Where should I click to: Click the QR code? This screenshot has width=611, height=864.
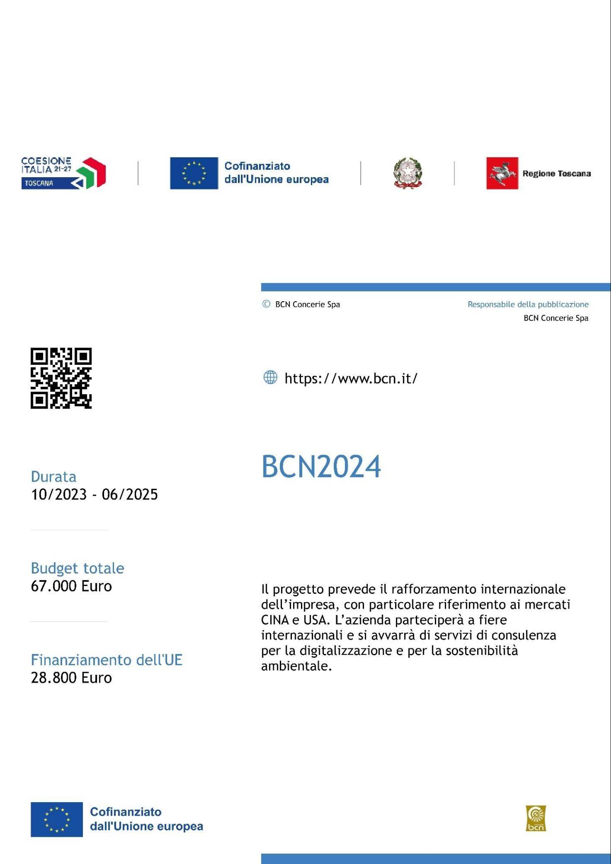click(61, 378)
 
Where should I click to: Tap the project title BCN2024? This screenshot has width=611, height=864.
click(321, 467)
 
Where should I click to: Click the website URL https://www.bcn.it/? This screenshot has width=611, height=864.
click(351, 379)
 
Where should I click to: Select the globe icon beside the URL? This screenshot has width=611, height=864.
click(270, 377)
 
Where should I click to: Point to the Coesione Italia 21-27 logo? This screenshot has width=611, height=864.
click(63, 173)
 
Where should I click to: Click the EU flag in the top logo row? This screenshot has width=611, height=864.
click(194, 173)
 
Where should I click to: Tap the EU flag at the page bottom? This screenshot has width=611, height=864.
click(57, 819)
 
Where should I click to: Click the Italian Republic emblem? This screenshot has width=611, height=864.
click(407, 173)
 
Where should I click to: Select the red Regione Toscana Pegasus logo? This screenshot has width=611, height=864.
click(502, 173)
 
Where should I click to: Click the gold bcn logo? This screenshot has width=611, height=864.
click(535, 818)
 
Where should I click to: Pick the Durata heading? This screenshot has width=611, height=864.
click(54, 476)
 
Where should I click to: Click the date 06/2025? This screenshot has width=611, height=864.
click(130, 494)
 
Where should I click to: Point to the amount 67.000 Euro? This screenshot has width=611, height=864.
click(71, 586)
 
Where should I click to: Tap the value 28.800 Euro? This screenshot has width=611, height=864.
click(71, 678)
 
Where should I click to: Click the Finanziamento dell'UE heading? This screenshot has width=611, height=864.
click(107, 660)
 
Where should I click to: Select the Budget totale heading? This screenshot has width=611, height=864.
click(77, 568)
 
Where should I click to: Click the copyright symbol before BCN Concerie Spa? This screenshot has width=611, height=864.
click(266, 304)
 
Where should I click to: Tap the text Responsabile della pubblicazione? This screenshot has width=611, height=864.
click(528, 304)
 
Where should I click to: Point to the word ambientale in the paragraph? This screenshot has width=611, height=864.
click(296, 666)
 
